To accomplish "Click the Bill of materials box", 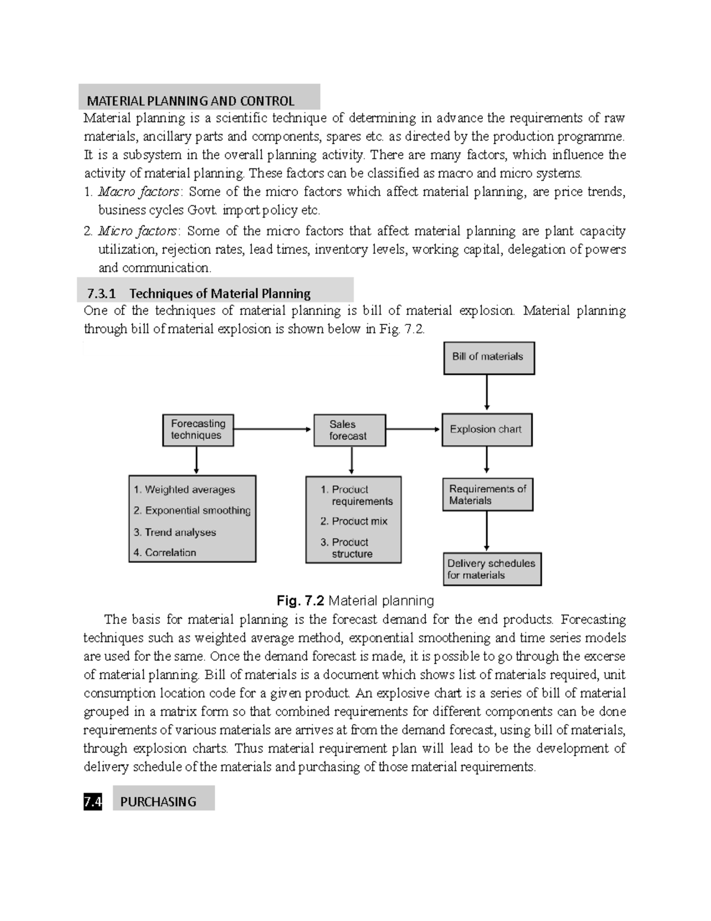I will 489,358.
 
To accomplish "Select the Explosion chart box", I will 486,429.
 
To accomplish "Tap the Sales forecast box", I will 349,430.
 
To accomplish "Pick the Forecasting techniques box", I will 198,430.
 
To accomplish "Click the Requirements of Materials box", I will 488,495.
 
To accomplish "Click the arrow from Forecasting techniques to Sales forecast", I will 273,429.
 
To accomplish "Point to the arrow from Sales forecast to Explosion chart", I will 413,429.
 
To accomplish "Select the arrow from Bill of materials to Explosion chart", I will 486,391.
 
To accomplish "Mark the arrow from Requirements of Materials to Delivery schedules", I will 486,531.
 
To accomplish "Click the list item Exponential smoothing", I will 192,511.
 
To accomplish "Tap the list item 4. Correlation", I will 165,553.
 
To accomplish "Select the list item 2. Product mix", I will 354,521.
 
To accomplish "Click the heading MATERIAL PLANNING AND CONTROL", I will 191,101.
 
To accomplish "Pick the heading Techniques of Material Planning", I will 219,294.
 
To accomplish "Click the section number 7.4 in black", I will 92,802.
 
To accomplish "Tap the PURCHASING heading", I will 158,802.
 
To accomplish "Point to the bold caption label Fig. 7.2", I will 300,601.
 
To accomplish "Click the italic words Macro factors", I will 138,192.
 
